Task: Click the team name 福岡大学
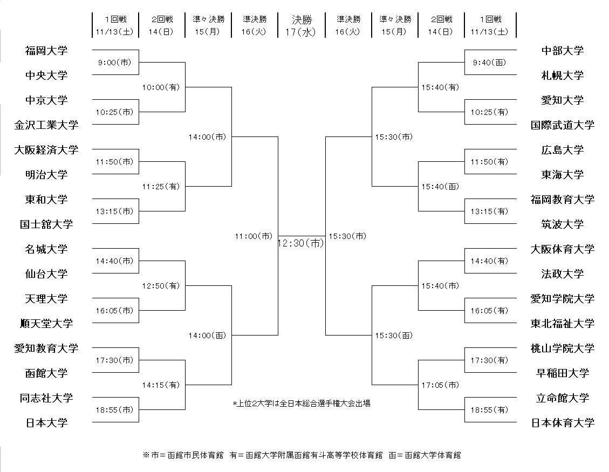pos(46,51)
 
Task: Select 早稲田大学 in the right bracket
pos(563,373)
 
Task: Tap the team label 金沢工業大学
pos(46,125)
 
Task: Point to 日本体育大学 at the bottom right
pos(563,423)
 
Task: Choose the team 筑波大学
pos(563,224)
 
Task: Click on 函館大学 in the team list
pos(46,373)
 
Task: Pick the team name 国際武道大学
pos(563,125)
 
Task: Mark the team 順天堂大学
pos(46,324)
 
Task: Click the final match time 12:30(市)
pos(301,243)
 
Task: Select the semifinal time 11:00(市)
pos(254,236)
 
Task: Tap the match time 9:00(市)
pos(115,63)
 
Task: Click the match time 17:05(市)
pos(440,385)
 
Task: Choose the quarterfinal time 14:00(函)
pos(207,336)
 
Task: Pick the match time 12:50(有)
pos(161,285)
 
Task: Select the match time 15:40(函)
pos(440,187)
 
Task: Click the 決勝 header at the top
pos(302,20)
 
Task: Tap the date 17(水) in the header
pos(302,32)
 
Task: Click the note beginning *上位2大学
pos(301,403)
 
